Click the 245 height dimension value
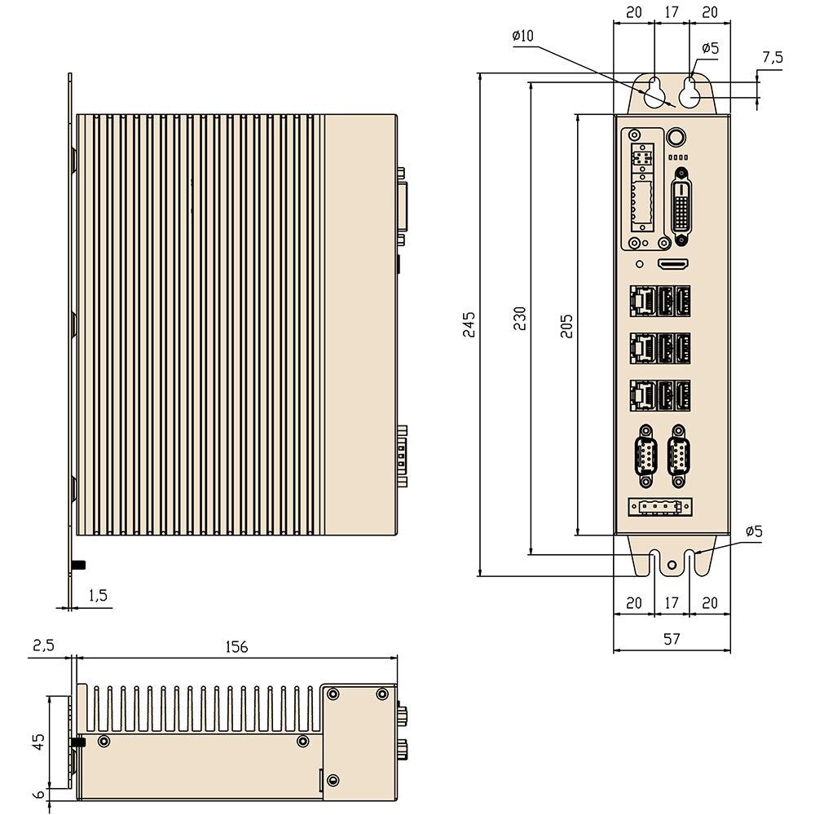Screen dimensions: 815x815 (x=469, y=324)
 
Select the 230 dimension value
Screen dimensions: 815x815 (x=519, y=318)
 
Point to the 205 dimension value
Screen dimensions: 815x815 (x=568, y=324)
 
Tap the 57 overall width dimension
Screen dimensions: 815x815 (x=671, y=640)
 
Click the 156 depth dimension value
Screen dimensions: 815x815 (x=236, y=647)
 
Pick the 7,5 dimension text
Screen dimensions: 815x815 (x=772, y=58)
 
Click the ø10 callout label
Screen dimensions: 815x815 (x=522, y=36)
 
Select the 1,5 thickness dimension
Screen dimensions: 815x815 (x=98, y=596)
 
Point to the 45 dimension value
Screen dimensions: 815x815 (x=37, y=742)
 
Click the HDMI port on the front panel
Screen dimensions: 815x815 (x=673, y=265)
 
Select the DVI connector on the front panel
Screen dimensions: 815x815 (x=682, y=206)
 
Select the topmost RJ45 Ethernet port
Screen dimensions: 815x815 (x=642, y=302)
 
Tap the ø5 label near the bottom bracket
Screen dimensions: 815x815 (x=753, y=531)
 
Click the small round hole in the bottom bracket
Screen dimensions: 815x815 (x=672, y=565)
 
